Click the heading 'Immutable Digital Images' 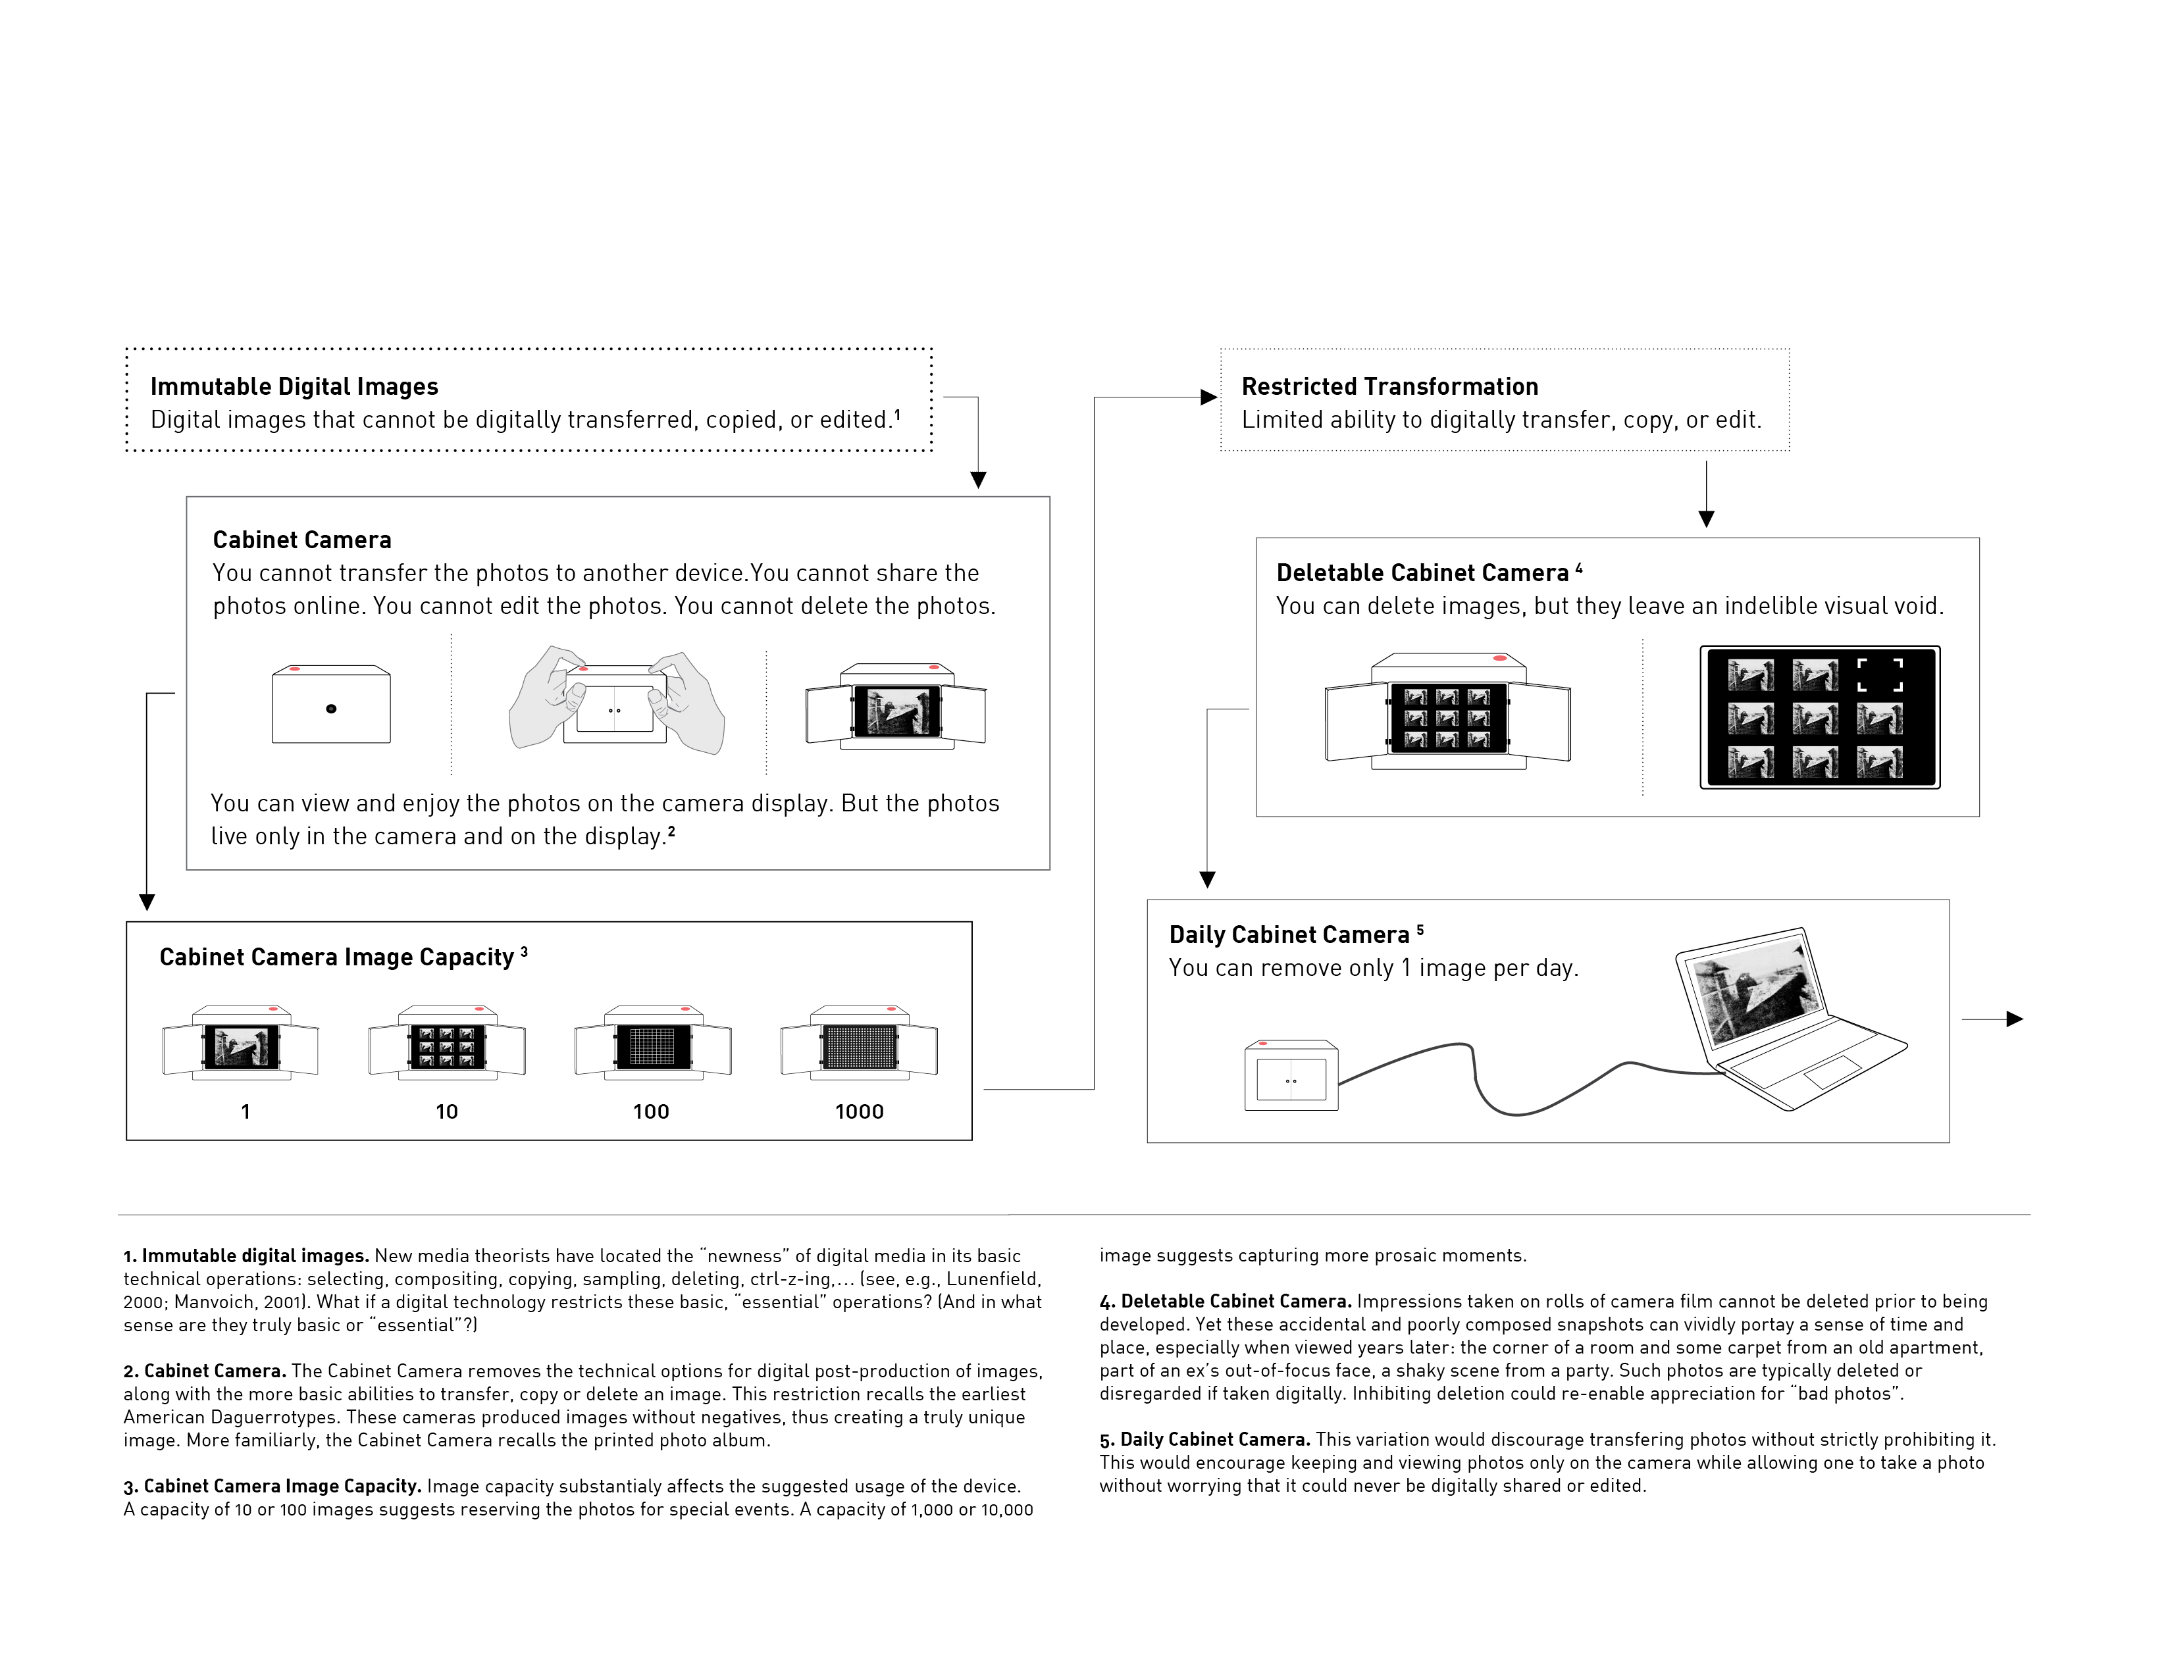tap(294, 387)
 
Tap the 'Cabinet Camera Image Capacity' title tap(336, 957)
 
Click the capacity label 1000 tap(858, 1111)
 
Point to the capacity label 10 tap(446, 1111)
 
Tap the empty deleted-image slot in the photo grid tap(1880, 675)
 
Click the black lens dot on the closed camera tap(331, 709)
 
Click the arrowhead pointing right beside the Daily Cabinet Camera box tap(2015, 1019)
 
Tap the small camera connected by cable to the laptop tap(1291, 1076)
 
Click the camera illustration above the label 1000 tap(859, 1044)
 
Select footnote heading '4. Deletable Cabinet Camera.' tap(1226, 1301)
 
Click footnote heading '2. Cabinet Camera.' tap(205, 1371)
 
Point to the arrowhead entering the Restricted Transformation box tap(1209, 397)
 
